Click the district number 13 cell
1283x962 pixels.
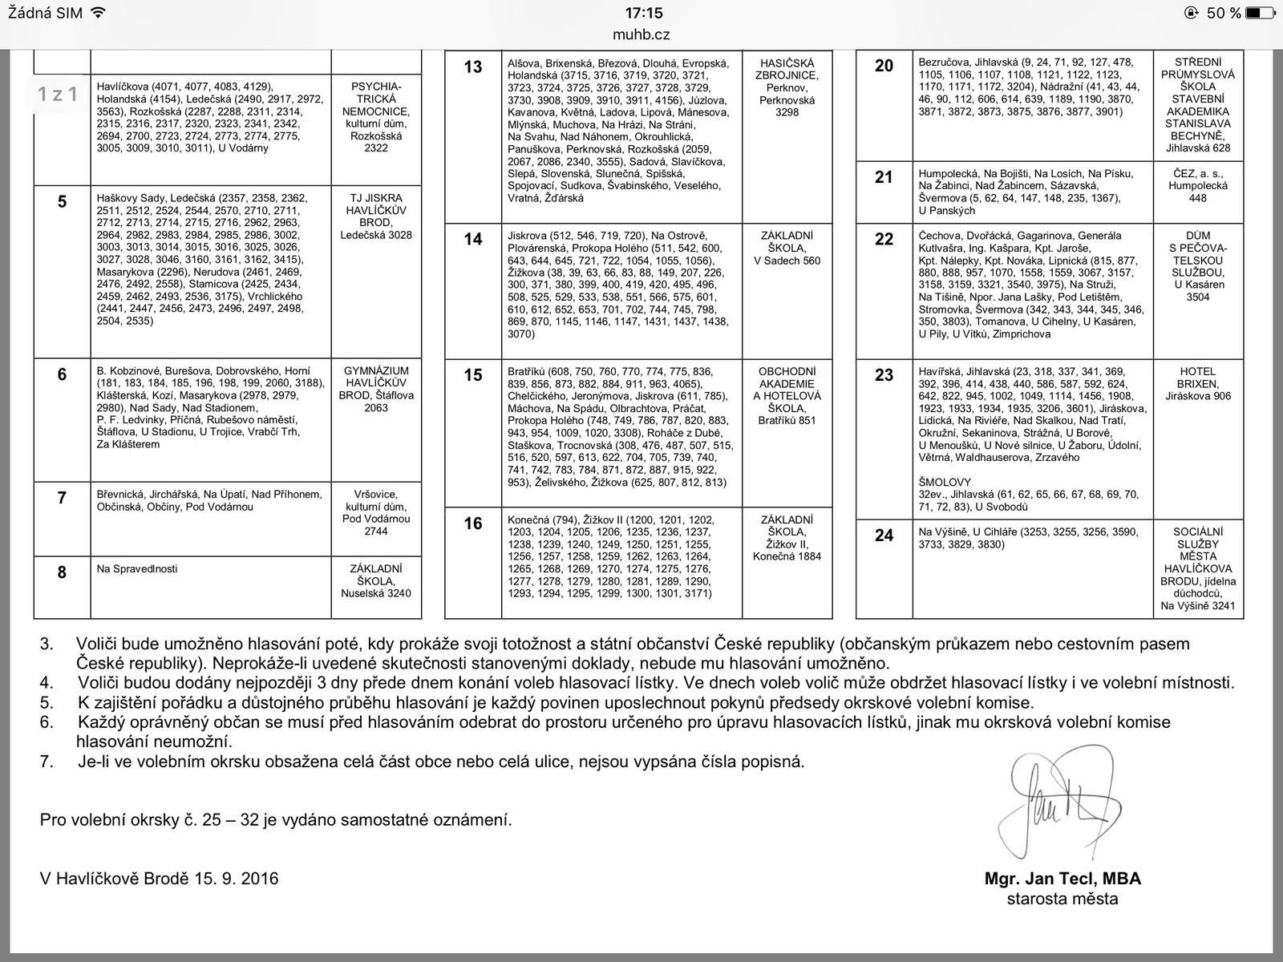(473, 67)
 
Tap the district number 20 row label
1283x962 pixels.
(884, 67)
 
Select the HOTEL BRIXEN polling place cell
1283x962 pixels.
(1198, 384)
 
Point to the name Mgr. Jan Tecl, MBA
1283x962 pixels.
(1062, 879)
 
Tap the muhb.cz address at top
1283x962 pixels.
(641, 34)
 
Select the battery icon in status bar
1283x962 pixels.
(1260, 13)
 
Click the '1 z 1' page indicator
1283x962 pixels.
(58, 95)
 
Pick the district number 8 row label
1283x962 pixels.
(62, 572)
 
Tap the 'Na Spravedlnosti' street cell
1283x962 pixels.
(137, 569)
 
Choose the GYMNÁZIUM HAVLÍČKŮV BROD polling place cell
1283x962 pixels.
(375, 389)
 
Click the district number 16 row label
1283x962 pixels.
(473, 524)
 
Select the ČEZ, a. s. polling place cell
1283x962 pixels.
(1198, 185)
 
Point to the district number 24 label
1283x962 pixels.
(884, 536)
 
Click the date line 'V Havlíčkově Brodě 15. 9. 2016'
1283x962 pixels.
(160, 879)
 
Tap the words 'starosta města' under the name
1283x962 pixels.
(1062, 899)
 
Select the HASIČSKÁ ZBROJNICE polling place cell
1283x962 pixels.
(787, 87)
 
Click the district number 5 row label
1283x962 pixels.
(62, 202)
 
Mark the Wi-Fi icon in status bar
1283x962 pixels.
(98, 13)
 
